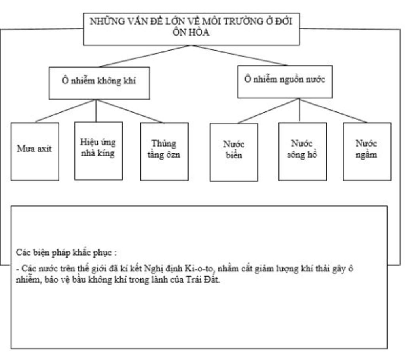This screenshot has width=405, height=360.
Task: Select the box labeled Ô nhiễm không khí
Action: [x=99, y=83]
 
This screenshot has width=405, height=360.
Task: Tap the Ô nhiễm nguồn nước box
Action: [x=285, y=81]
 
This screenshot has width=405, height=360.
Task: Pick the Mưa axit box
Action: [x=35, y=151]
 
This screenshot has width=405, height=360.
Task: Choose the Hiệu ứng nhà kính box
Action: [x=98, y=151]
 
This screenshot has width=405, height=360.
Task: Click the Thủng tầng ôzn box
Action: [x=164, y=151]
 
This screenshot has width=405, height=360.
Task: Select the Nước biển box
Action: [x=234, y=152]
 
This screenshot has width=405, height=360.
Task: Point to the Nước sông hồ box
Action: [x=303, y=151]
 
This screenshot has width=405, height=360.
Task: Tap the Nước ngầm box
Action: [x=367, y=151]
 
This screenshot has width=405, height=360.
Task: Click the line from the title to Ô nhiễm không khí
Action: [x=144, y=56]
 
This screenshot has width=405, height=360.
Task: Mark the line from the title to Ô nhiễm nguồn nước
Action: [x=239, y=55]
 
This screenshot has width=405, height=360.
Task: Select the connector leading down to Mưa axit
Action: [x=65, y=111]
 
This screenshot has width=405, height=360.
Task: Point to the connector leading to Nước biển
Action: [x=268, y=111]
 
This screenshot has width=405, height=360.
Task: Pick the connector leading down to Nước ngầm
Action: [x=333, y=111]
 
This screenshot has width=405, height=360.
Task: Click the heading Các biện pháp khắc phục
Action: [x=66, y=252]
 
